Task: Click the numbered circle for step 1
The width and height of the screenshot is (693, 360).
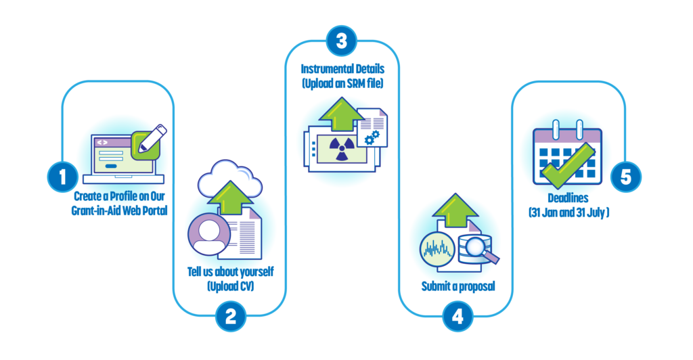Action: tap(62, 177)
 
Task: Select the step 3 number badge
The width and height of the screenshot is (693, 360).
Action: tap(342, 40)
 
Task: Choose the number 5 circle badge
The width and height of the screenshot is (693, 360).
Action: tap(625, 177)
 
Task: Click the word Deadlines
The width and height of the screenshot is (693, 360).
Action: tap(569, 199)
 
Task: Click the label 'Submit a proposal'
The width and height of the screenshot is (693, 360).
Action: tap(458, 286)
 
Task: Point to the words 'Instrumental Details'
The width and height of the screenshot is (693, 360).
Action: tap(341, 70)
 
